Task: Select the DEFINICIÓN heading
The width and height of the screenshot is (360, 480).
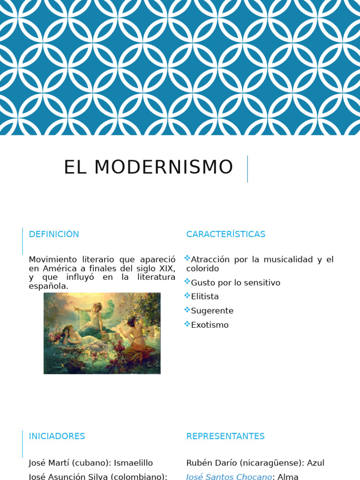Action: (54, 234)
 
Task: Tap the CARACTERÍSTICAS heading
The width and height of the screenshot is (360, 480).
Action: (225, 234)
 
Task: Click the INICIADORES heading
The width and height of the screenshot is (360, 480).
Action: (57, 436)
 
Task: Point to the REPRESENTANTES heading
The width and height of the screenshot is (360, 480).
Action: (225, 436)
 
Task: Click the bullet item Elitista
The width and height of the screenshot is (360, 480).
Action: (205, 297)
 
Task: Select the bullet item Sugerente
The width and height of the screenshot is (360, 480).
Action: (212, 311)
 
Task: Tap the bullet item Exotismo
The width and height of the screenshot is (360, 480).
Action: (210, 325)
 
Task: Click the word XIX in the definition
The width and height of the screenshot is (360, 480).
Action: (167, 269)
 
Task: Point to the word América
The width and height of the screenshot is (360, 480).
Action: (54, 269)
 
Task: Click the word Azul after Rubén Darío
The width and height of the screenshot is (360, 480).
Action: (315, 463)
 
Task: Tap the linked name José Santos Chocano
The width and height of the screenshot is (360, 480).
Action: (229, 476)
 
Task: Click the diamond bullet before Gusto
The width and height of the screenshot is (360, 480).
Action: (187, 281)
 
